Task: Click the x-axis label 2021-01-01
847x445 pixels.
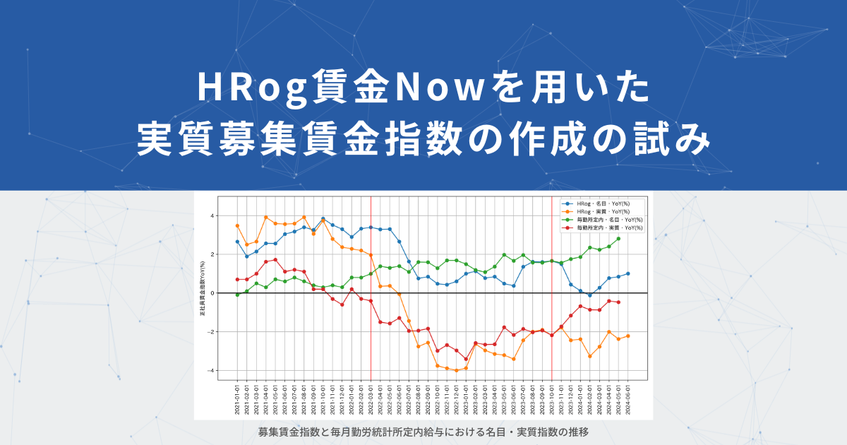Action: [x=238, y=400]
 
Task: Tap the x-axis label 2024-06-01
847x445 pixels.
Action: [x=628, y=400]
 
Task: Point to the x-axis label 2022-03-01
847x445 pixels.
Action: [x=371, y=400]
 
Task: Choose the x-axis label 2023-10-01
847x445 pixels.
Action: [x=551, y=400]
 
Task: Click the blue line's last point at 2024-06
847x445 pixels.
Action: [x=628, y=273]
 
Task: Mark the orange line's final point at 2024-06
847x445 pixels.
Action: [x=628, y=336]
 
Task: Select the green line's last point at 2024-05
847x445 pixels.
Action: [x=618, y=239]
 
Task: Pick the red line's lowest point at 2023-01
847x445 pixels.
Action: [x=466, y=359]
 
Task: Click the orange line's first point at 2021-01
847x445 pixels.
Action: [x=237, y=225]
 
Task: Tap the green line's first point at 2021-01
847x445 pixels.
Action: [x=237, y=295]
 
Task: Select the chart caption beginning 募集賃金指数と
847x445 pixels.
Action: [x=423, y=431]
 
